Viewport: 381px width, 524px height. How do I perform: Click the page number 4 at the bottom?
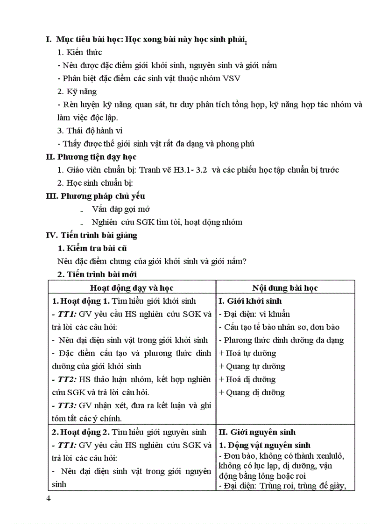point(49,499)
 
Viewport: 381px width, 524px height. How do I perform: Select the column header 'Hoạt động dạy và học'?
point(132,288)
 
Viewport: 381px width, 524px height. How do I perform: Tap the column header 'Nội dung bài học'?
point(285,288)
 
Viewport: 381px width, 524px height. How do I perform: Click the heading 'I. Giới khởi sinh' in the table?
point(250,301)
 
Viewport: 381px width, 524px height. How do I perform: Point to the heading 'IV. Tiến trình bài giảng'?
point(92,235)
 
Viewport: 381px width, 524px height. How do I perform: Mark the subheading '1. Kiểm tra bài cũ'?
point(92,248)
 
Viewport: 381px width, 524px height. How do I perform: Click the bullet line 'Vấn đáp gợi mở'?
point(121,209)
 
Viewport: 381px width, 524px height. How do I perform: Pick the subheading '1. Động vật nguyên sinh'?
point(265,445)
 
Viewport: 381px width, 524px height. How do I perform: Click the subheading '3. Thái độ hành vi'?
point(90,131)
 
